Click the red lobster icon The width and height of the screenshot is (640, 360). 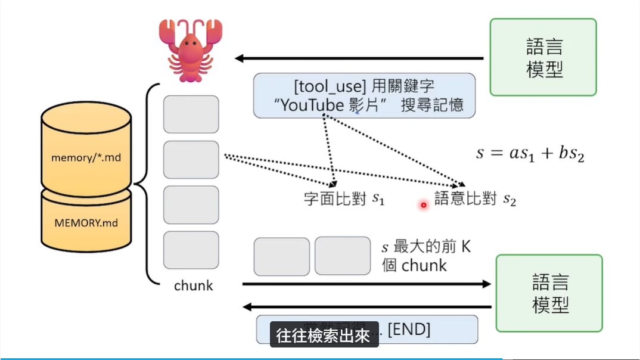[190, 51]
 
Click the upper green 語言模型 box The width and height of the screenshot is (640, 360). [543, 57]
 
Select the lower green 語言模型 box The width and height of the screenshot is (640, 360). [549, 293]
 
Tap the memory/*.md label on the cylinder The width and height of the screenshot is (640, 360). [86, 158]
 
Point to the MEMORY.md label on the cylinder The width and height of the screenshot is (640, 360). [86, 223]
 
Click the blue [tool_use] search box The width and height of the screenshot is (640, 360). [364, 95]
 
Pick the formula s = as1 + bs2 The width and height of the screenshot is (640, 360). [530, 153]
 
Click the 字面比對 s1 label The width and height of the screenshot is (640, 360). [344, 199]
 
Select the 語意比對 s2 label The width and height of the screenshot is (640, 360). [474, 199]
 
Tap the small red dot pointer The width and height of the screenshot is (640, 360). [424, 205]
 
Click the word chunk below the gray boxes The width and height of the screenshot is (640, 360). [193, 285]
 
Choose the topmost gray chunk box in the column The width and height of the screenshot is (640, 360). [191, 114]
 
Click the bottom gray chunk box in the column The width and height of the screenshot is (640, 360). [191, 250]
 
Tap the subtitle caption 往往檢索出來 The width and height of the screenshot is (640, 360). [325, 336]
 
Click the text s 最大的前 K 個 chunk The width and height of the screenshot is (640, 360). [425, 256]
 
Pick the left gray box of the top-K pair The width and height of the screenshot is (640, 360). [281, 256]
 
